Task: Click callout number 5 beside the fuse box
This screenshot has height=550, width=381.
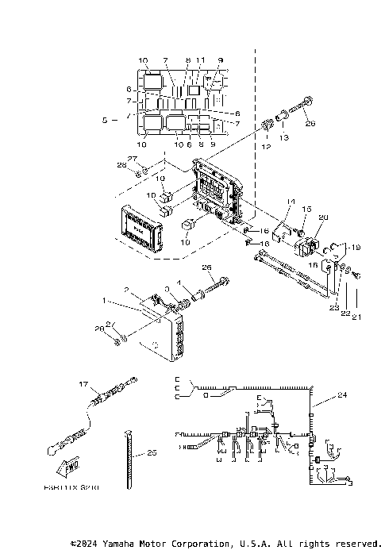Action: point(105,120)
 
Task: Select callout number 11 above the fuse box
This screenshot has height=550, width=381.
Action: point(201,60)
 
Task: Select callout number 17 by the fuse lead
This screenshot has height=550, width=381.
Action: point(81,384)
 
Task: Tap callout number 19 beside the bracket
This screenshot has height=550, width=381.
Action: point(356,246)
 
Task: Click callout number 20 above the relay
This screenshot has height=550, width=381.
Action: point(322,217)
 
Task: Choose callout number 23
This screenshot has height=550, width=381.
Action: point(333,306)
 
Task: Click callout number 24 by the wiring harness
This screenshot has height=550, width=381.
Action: point(342,394)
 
